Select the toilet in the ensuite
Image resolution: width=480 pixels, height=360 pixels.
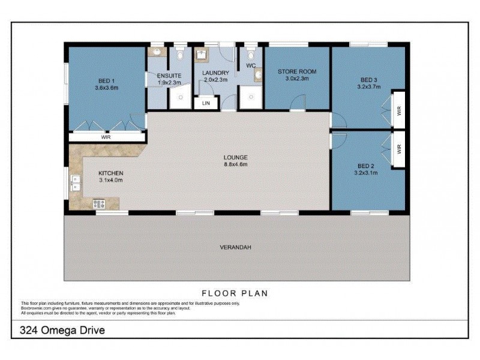[x=181, y=55]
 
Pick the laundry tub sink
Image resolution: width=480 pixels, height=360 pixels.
[x=202, y=53]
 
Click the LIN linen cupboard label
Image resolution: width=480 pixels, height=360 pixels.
[x=206, y=103]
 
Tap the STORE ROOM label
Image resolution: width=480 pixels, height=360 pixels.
[x=296, y=71]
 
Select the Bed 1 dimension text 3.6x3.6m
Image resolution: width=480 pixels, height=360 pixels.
[x=106, y=88]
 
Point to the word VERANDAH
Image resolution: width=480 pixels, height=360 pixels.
[x=235, y=247]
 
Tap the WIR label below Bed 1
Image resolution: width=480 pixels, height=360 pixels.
[x=106, y=137]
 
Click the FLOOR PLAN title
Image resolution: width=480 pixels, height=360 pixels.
[x=235, y=293]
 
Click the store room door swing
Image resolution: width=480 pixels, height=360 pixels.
[x=296, y=107]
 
